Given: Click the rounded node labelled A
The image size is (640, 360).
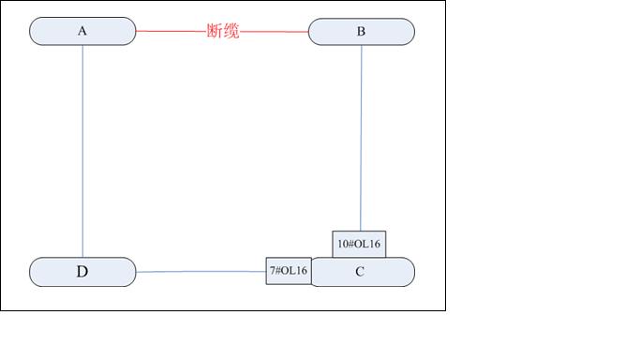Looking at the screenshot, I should pos(56,31).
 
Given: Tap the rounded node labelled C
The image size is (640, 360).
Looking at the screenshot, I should pos(384,273).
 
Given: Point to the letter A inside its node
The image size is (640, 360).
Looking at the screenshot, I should pos(82,31).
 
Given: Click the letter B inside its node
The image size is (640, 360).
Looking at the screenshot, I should pos(361,31).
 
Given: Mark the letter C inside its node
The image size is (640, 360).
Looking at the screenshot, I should pos(360,272).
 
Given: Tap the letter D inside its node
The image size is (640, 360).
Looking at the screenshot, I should pos(82,272).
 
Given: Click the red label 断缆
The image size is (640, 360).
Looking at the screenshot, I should pos(223,31).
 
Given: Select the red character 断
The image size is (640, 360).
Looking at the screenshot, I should pos(215,31).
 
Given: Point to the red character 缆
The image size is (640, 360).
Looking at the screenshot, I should pos(231,31).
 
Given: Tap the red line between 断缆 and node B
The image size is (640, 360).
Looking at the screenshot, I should pos(274,31).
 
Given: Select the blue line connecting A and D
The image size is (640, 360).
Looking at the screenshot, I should pos(82,150).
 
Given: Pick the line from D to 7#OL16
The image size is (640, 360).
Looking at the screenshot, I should pos(201,272).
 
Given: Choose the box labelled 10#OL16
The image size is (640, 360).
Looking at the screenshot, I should pos(359,244).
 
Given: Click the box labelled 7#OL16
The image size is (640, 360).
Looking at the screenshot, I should pos(289,271).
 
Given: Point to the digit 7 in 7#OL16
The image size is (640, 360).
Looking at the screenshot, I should pos(273,271).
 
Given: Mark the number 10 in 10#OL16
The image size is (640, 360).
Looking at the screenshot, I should pos(342,245).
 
